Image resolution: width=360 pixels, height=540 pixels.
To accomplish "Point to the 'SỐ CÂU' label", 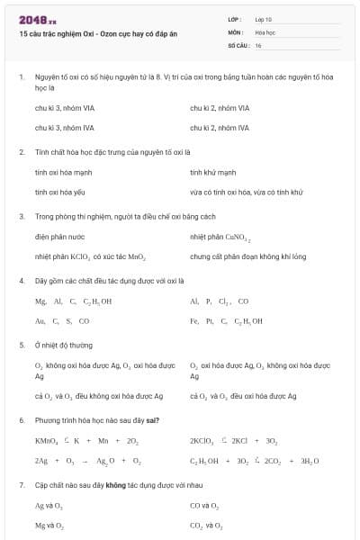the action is point(238,44).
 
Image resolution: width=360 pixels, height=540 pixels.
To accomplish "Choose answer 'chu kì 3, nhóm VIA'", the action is point(66,108).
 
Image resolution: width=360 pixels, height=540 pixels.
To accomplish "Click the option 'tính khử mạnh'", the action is point(213,172).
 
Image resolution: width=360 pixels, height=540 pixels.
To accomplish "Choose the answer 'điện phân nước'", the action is point(61,237).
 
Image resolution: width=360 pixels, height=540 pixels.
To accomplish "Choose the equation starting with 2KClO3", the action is point(233,441).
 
